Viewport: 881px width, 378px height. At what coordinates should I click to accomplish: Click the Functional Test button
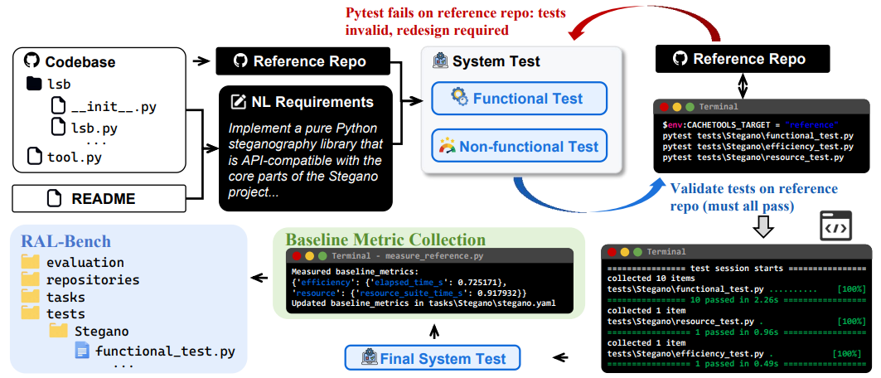coord(519,99)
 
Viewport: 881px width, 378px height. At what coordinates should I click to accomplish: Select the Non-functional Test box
coord(519,146)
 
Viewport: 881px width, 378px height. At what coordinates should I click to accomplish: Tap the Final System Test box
coord(432,358)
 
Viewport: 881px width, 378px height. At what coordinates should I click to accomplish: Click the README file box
coord(99,199)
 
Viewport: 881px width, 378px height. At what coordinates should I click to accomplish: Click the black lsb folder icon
coord(34,85)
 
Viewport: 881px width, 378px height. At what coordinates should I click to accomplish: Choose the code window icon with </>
coord(835,225)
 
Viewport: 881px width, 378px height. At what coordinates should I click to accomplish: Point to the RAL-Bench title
coord(65,241)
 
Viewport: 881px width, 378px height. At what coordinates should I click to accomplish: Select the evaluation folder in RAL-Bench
coord(73,262)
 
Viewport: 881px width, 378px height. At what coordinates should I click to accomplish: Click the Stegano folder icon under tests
coord(59,330)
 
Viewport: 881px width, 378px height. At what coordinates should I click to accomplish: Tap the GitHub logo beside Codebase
coord(31,61)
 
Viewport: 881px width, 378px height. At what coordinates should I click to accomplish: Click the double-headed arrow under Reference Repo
coord(743,86)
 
